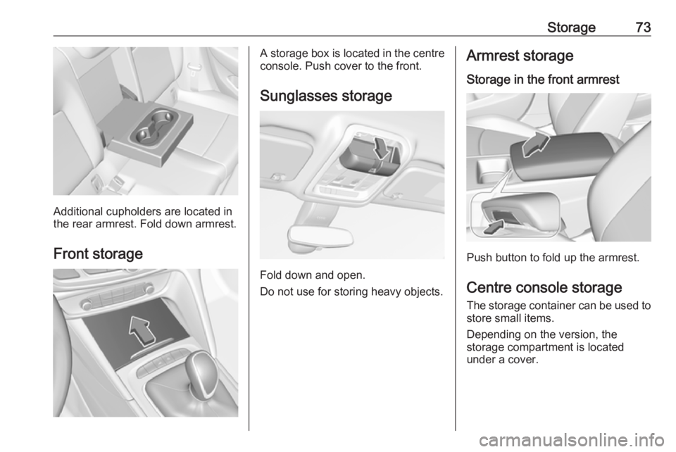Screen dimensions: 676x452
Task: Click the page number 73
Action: (643, 27)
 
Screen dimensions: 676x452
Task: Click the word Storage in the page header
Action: (571, 27)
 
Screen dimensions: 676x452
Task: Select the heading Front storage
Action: (98, 253)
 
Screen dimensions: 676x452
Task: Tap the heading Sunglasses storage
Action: (326, 96)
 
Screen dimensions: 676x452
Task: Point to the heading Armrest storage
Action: (520, 56)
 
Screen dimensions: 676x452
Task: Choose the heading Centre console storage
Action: (544, 287)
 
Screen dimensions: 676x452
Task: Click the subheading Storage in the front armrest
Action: (543, 80)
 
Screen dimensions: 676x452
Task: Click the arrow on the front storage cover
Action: (142, 330)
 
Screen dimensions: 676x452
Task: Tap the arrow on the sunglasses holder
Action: (382, 147)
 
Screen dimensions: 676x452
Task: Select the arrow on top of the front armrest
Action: (535, 144)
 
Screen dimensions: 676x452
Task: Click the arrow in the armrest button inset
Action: (494, 227)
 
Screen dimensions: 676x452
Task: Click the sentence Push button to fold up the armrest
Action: (553, 258)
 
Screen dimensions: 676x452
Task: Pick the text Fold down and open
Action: (313, 275)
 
